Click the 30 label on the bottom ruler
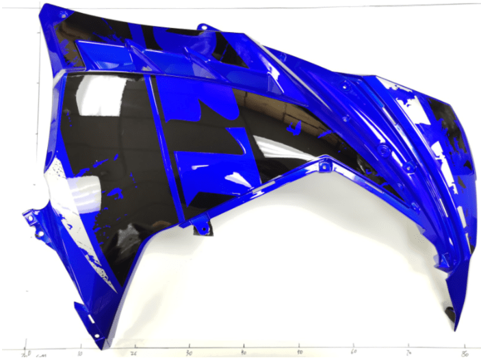(189, 353)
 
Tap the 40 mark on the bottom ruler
(244, 353)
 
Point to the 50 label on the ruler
(300, 353)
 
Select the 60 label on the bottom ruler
(354, 353)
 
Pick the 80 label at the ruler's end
(465, 353)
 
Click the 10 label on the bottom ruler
(80, 354)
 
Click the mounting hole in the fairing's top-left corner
(63, 13)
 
